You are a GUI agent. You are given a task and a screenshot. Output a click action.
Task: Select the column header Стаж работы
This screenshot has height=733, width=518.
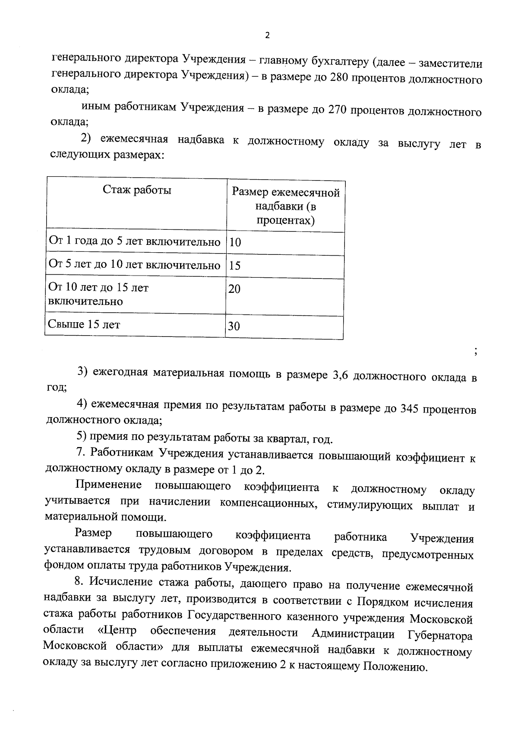click(137, 190)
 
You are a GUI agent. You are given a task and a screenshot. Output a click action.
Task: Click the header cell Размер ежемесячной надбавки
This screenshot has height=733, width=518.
click(286, 206)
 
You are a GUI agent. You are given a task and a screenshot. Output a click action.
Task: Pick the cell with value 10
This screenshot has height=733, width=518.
click(235, 242)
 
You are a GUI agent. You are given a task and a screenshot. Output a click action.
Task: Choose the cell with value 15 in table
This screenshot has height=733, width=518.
click(235, 266)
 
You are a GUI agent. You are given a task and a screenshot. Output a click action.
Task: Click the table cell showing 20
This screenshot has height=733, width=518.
click(234, 289)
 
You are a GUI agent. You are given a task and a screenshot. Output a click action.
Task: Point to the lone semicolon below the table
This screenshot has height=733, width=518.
click(475, 352)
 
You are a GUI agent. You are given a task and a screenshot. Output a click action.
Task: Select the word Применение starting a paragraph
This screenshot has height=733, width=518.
click(108, 485)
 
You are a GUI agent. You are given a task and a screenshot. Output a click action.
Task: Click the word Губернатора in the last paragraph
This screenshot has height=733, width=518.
click(440, 635)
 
